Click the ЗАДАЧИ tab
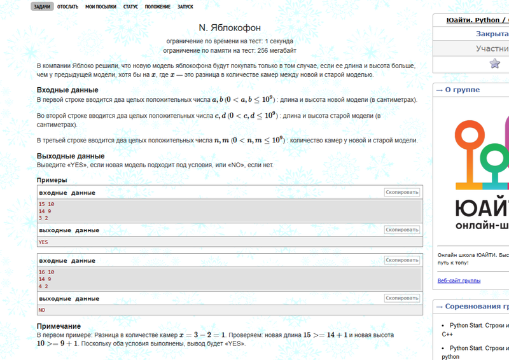point(42,6)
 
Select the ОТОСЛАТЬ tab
point(67,6)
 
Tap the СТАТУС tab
point(130,6)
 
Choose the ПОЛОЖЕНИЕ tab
point(157,6)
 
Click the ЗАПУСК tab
point(186,6)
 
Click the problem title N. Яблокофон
point(230,27)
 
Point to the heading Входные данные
point(67,90)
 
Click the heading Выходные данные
point(71,156)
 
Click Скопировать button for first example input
point(401,192)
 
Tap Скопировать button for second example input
point(401,260)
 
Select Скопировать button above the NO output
point(401,298)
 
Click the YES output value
point(43,242)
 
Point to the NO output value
point(42,310)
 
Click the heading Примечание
point(59,326)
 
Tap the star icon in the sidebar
point(494,63)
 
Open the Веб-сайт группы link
point(459,280)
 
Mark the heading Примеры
point(52,180)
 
